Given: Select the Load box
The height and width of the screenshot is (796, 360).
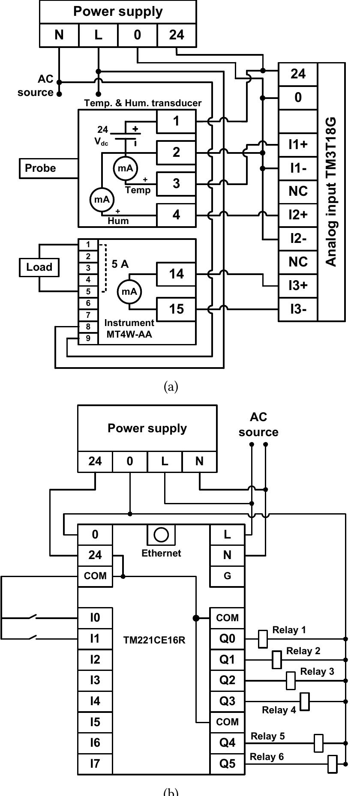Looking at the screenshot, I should coord(39,267).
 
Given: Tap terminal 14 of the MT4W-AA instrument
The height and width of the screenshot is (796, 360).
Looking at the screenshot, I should coord(176,274).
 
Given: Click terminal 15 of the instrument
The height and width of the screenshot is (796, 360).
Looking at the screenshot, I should coord(176,309).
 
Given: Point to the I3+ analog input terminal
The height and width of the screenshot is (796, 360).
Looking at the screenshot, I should coord(298,285).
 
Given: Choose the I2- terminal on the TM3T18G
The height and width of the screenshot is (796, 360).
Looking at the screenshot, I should coord(298,238).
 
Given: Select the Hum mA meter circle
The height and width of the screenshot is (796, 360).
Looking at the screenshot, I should coord(102,200).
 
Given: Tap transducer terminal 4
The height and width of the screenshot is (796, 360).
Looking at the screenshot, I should coord(176,215).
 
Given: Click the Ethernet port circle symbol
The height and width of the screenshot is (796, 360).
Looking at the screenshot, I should coord(162,535).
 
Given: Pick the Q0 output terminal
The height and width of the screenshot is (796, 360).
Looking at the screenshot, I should coord(227,639).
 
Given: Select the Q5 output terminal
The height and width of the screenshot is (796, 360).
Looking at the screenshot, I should coord(227,764).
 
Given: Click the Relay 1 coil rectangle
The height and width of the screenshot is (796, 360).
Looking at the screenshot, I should coord(263,639).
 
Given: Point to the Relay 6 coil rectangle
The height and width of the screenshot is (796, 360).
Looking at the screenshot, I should coord(333,764).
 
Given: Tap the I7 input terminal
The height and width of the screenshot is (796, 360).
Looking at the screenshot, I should coord(95,764).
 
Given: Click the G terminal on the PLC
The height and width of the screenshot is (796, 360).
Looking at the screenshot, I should coord(227,576).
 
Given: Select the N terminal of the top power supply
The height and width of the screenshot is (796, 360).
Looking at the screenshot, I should coord(59,35).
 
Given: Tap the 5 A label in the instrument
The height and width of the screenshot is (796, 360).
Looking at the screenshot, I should coord(120,264).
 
